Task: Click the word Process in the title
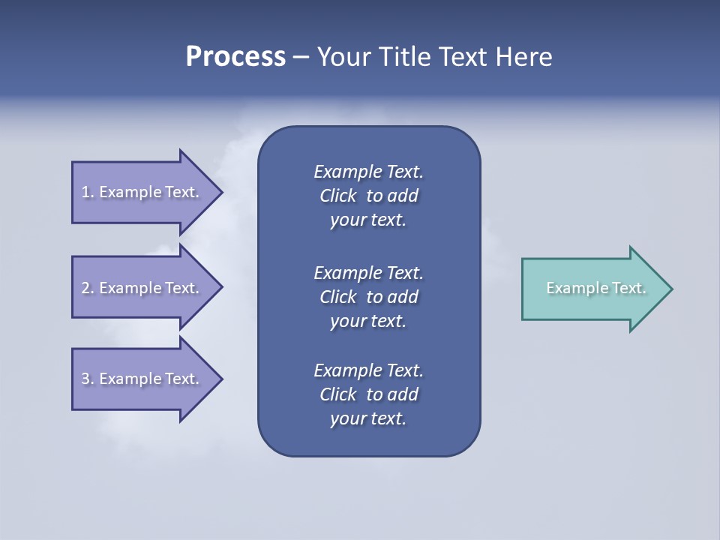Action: tap(235, 57)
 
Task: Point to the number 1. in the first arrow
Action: tap(88, 192)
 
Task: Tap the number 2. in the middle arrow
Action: tap(88, 288)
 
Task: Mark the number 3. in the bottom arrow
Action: tap(88, 379)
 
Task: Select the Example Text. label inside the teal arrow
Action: tap(596, 288)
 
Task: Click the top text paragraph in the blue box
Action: tap(368, 196)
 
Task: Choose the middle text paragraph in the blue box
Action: tap(368, 296)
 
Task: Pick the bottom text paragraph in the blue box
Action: tap(368, 394)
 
